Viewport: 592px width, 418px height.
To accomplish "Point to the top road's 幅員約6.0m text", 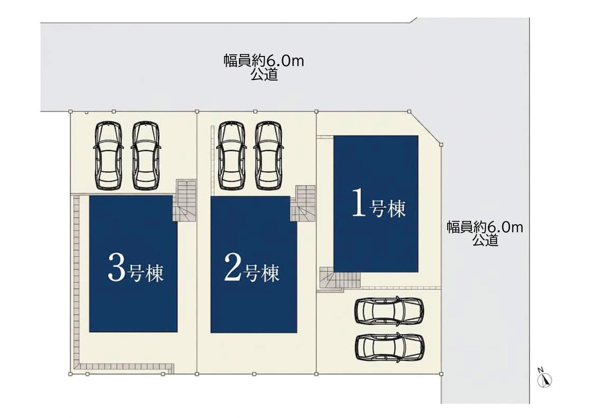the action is pos(264,61).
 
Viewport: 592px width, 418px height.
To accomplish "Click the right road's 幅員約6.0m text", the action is pos(485,227).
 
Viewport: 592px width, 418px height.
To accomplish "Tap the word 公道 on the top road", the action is pos(264,74).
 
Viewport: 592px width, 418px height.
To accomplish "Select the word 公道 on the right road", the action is pos(485,240).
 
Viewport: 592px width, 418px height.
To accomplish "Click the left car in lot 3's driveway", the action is pos(108,155).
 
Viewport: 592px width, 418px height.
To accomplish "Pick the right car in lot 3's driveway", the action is pos(145,155).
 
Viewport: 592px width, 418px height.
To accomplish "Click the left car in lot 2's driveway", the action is pos(231,155).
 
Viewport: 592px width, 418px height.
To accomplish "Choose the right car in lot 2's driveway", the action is pos(268,155).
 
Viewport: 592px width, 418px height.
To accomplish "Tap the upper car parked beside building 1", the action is pos(389,310).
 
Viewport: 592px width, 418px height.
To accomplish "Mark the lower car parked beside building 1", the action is pos(390,347).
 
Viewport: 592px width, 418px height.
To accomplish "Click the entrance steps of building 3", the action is pos(185,200).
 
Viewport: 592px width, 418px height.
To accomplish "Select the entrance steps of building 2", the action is pos(303,203).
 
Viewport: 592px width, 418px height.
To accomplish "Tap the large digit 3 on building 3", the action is pos(116,268).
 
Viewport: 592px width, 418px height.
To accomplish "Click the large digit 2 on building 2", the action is pos(233,268).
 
